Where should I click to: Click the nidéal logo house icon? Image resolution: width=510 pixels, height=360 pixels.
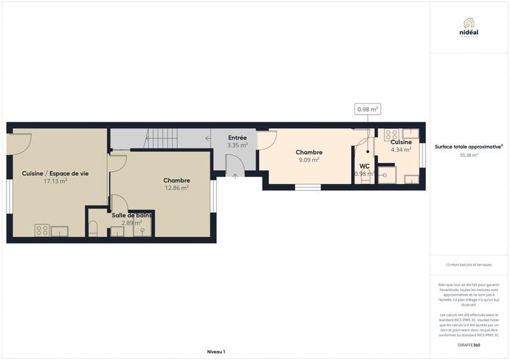coord(469,22)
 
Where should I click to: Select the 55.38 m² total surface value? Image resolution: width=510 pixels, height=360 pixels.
coord(469,155)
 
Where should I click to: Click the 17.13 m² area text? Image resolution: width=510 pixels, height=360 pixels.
coord(55,181)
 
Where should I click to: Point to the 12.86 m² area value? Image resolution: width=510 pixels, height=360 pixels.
coord(177,188)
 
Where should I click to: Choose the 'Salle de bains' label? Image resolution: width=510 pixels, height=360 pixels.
coord(131,215)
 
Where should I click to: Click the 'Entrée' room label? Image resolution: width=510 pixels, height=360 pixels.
coord(237,138)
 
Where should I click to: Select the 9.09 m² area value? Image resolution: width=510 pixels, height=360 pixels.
coord(309,160)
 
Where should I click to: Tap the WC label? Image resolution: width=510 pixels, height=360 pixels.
coord(364,166)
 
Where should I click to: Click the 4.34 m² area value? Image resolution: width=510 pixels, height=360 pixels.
coord(401,150)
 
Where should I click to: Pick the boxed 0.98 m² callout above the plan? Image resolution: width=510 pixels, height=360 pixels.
coord(368,110)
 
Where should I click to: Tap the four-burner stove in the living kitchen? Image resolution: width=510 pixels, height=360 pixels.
coord(43,230)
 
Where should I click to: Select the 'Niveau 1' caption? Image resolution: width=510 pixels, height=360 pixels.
coord(216,352)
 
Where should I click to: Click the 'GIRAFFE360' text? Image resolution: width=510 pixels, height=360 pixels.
coord(469,345)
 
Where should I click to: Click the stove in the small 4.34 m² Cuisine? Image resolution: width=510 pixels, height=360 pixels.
coord(391,134)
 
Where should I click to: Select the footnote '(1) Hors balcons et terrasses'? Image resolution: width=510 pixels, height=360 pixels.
coord(469,264)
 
